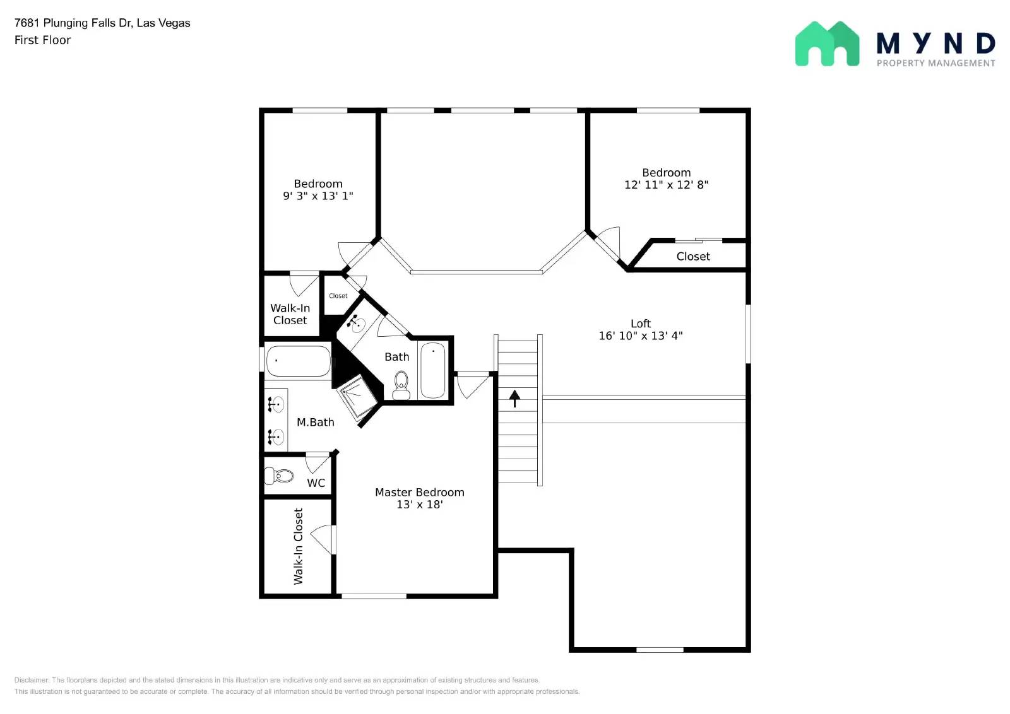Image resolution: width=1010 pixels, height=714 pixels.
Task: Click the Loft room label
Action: (640, 324)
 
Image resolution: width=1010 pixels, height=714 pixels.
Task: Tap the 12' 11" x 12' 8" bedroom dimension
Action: (666, 185)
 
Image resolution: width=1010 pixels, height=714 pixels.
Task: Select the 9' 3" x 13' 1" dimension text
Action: (318, 196)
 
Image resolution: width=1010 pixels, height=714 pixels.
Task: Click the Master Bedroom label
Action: (419, 492)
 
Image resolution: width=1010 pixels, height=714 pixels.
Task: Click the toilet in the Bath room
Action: (401, 385)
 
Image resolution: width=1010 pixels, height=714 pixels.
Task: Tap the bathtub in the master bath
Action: (298, 361)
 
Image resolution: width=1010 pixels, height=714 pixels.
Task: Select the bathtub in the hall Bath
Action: (433, 370)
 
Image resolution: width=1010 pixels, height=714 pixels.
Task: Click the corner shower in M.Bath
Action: (358, 396)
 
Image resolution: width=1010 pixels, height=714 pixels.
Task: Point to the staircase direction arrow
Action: (514, 398)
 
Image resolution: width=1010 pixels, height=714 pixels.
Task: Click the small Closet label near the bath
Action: (338, 296)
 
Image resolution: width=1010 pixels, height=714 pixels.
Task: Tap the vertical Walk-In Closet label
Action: (298, 546)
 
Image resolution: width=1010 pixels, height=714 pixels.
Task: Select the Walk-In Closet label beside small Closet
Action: (290, 314)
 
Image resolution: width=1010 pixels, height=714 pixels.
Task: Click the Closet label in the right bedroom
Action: (692, 257)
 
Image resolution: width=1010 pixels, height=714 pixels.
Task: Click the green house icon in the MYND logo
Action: (827, 44)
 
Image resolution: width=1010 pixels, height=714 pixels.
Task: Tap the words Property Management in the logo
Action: (936, 63)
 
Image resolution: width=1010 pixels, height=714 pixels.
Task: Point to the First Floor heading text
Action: (42, 40)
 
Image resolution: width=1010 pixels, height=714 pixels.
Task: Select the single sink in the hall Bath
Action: (357, 325)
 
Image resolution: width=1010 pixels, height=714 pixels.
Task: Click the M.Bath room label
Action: (315, 423)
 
